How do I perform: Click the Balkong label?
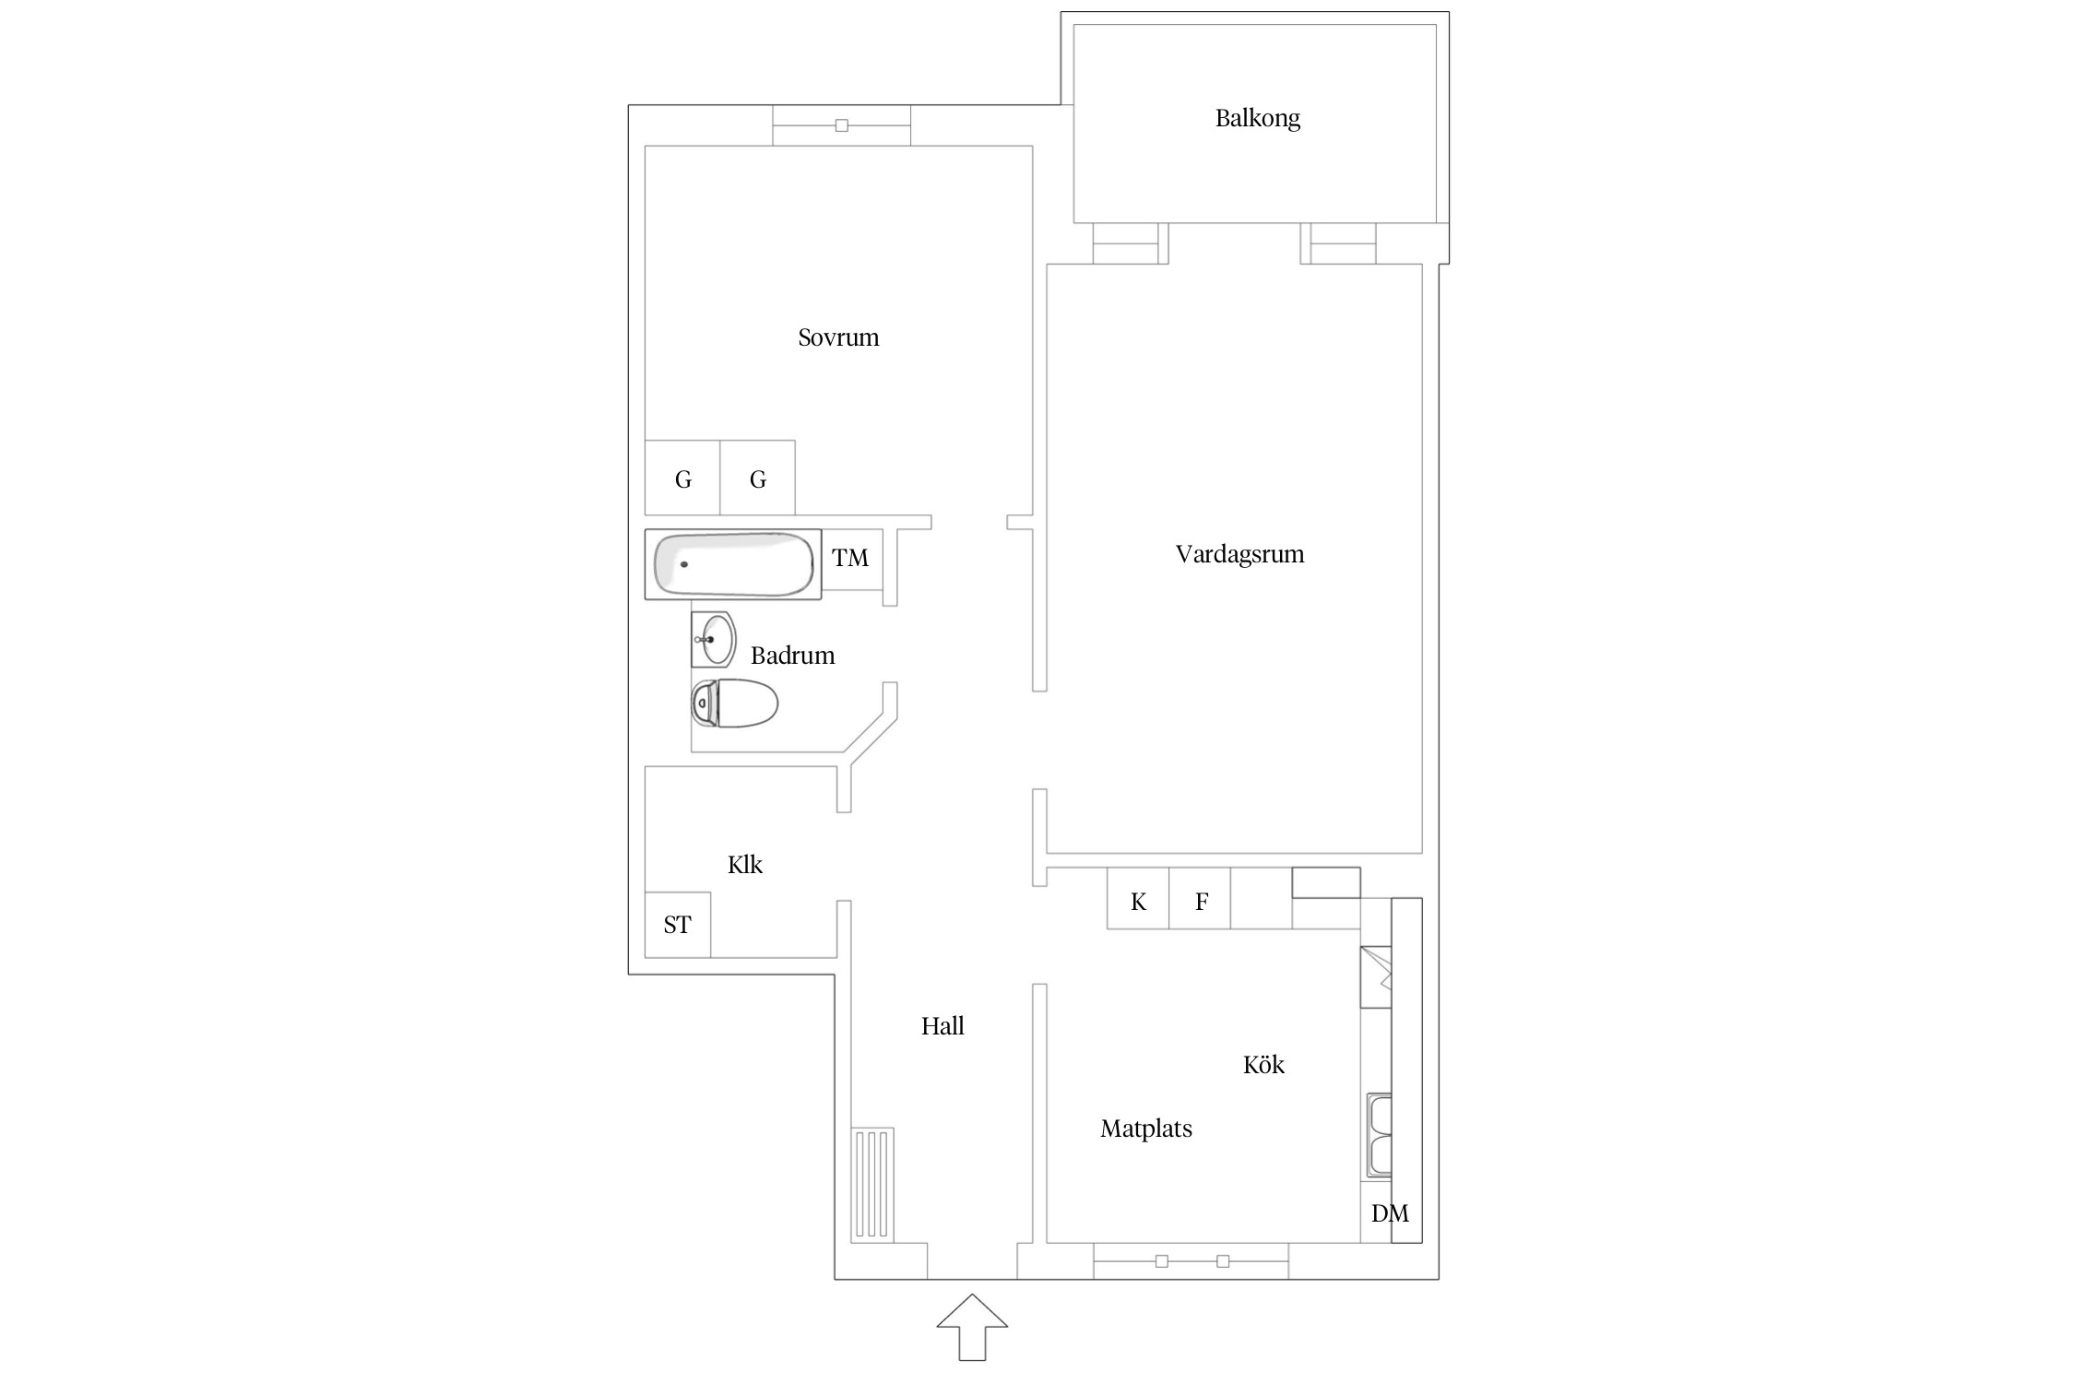coord(1257,119)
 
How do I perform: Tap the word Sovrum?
coord(838,337)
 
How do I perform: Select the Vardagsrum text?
coord(1239,555)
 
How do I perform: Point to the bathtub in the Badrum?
coord(733,564)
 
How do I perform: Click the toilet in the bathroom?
coord(734,703)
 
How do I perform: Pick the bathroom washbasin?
coord(714,639)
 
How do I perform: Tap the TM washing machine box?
coord(851,559)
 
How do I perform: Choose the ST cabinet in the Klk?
coord(678,925)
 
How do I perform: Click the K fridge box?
coord(1138,898)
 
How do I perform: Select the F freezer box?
coord(1200,898)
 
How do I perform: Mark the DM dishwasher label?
coord(1390,1213)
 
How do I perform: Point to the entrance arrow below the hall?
coord(972,1327)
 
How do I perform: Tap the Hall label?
coord(943,1026)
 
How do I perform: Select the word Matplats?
coord(1146,1129)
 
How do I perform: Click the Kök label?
coord(1263,1065)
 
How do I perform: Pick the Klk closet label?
coord(745,865)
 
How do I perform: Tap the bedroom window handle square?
coord(841,125)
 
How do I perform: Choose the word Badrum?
coord(792,656)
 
